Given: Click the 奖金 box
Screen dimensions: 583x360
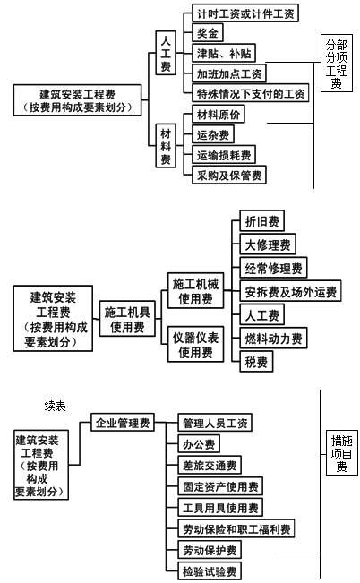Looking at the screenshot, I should pos(209,34).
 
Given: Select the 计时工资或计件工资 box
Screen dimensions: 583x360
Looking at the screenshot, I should pos(245,13).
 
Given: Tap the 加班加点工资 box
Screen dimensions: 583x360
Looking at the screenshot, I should pos(230,73).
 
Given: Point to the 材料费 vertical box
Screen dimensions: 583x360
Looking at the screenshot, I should pos(166,146).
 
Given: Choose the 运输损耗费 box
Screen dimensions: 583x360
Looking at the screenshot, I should pos(224,156).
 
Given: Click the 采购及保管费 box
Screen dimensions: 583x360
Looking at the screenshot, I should pos(229,176).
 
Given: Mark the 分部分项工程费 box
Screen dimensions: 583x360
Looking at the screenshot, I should pos(337,64).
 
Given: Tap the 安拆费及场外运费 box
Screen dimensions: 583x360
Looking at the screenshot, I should pos(290,291).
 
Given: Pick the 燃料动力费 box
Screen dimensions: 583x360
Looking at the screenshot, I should pos(273,339).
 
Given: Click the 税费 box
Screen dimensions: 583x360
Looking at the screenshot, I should pos(255,362).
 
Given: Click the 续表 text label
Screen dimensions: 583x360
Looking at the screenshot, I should pos(55,406).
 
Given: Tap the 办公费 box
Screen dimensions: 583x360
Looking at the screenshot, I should pos(198,444).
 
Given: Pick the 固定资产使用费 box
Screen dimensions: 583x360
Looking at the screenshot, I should pos(219,486).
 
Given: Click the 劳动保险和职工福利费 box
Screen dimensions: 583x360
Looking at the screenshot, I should pos(236,529).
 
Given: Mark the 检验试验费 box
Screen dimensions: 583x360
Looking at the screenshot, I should pos(209,571).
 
